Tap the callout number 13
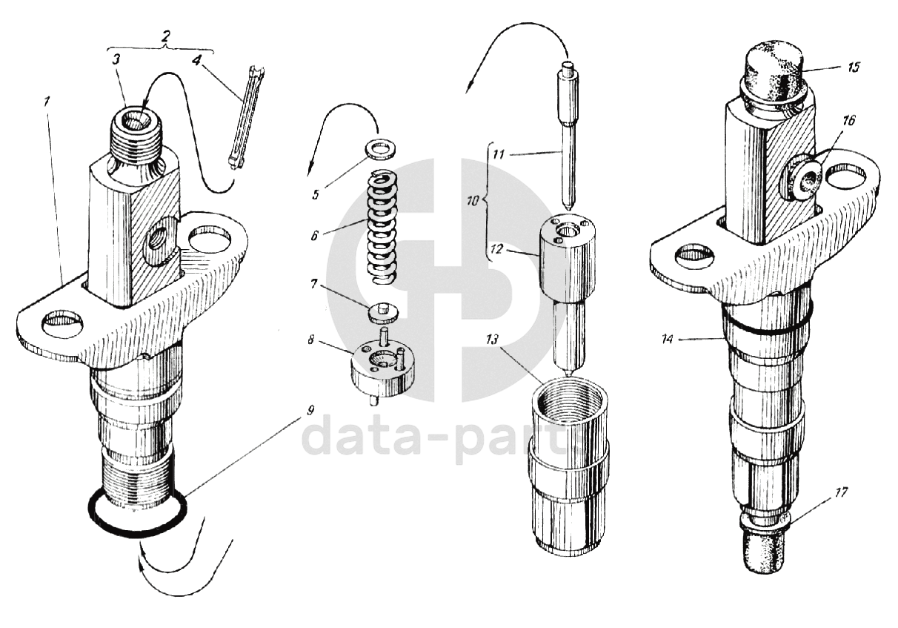491,340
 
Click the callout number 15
853,67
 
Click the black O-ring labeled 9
137,531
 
